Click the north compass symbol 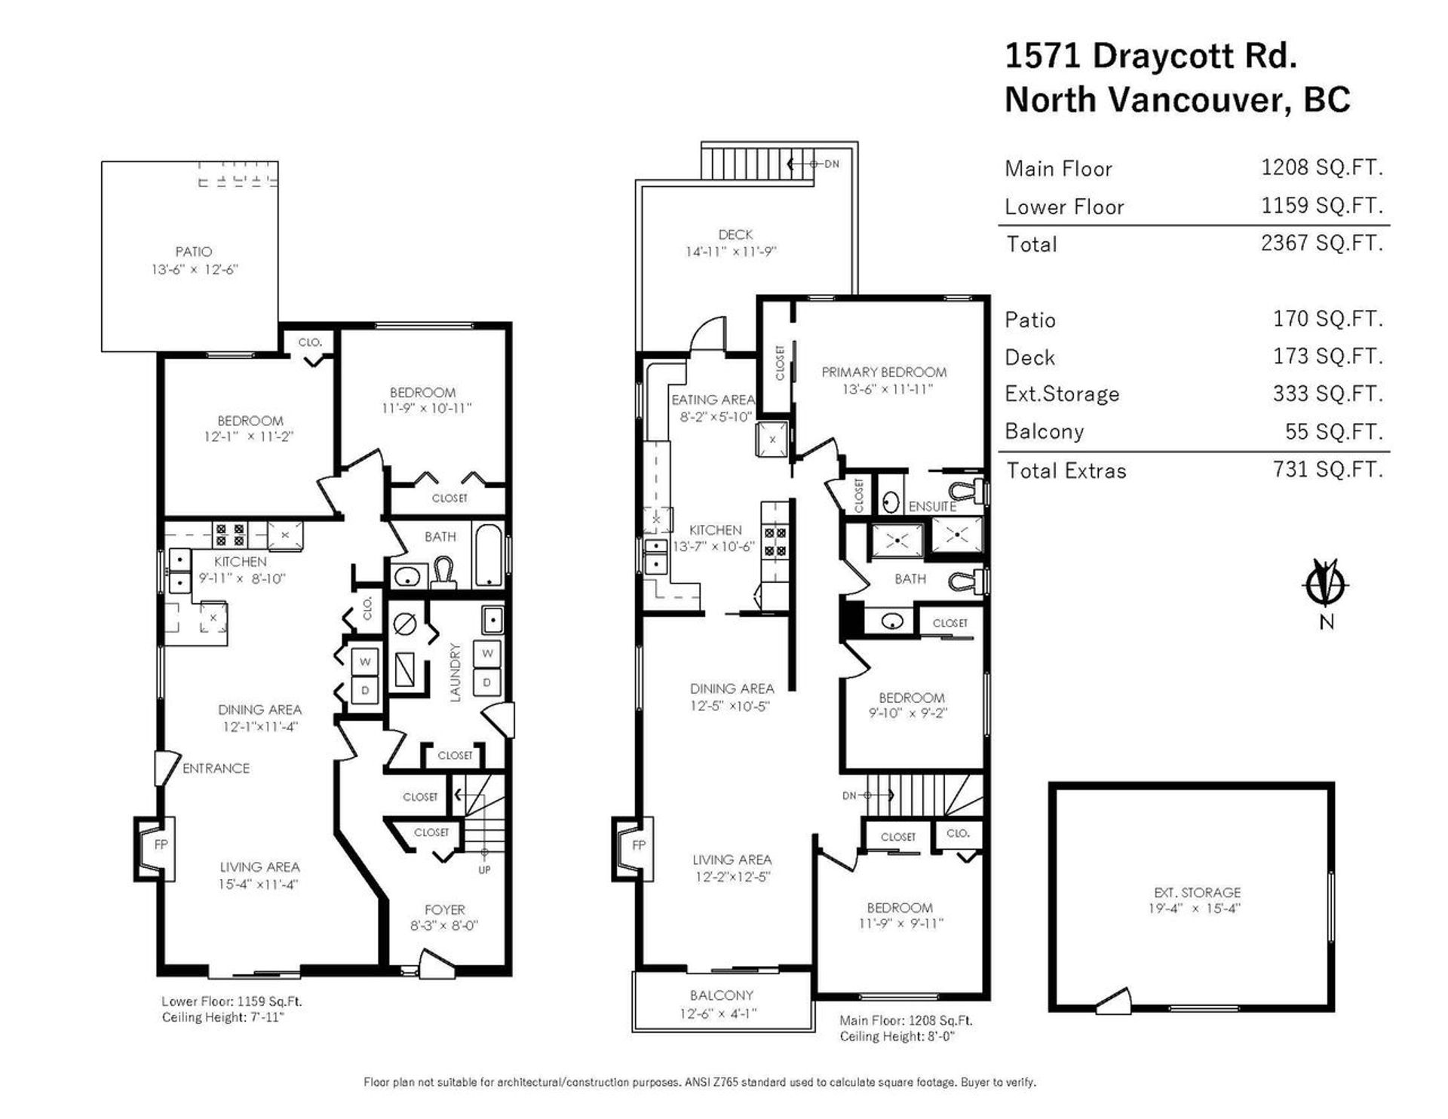(x=1327, y=584)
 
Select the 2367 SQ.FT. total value (x=1322, y=244)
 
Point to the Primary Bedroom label (x=884, y=372)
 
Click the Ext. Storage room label (x=1197, y=892)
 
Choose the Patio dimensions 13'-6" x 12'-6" (x=195, y=269)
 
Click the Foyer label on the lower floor (x=444, y=909)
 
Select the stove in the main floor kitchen (x=775, y=541)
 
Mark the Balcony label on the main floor (x=722, y=995)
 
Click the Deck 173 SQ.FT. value (x=1328, y=357)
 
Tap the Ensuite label (x=932, y=507)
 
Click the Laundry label (x=455, y=673)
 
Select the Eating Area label (x=713, y=400)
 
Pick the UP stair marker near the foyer (x=484, y=869)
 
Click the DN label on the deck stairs (x=831, y=164)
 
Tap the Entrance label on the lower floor (x=216, y=768)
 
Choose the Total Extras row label (x=1066, y=471)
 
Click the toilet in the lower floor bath (x=443, y=574)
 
